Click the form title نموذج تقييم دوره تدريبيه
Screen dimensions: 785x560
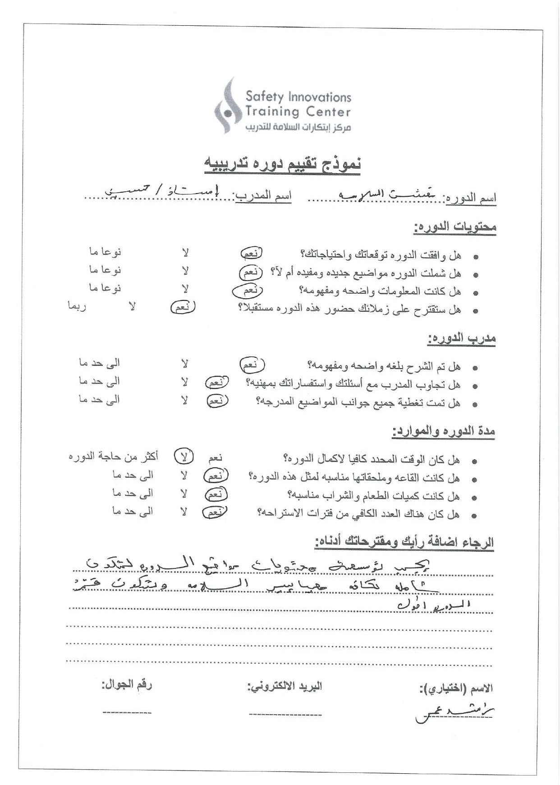point(283,164)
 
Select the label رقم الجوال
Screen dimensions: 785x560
point(127,684)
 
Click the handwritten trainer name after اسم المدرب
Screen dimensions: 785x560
point(162,191)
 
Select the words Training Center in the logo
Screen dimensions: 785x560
point(298,111)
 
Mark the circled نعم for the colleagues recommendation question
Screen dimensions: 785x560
point(183,308)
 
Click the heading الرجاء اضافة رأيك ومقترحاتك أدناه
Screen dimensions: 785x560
point(404,542)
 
